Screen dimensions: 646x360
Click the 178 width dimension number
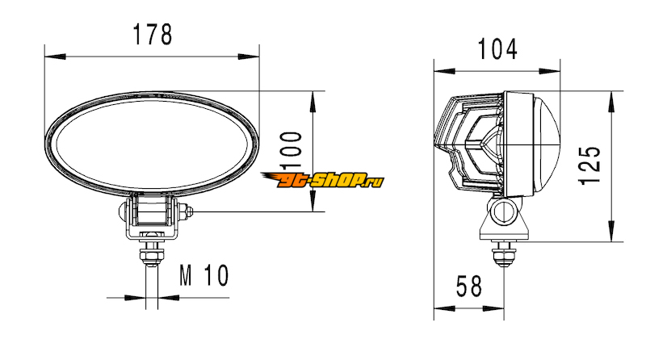(x=153, y=34)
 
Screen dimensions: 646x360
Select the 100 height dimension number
(x=291, y=151)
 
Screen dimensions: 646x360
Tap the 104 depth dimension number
(x=497, y=49)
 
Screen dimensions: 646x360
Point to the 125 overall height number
(x=589, y=165)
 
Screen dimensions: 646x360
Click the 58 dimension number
(x=469, y=287)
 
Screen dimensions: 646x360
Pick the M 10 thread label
(x=204, y=275)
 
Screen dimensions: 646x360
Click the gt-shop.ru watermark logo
(x=322, y=179)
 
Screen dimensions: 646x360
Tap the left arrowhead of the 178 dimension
(x=55, y=57)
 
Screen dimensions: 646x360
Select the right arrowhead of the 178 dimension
(x=249, y=57)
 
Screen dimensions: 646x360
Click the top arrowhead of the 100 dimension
(x=313, y=102)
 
